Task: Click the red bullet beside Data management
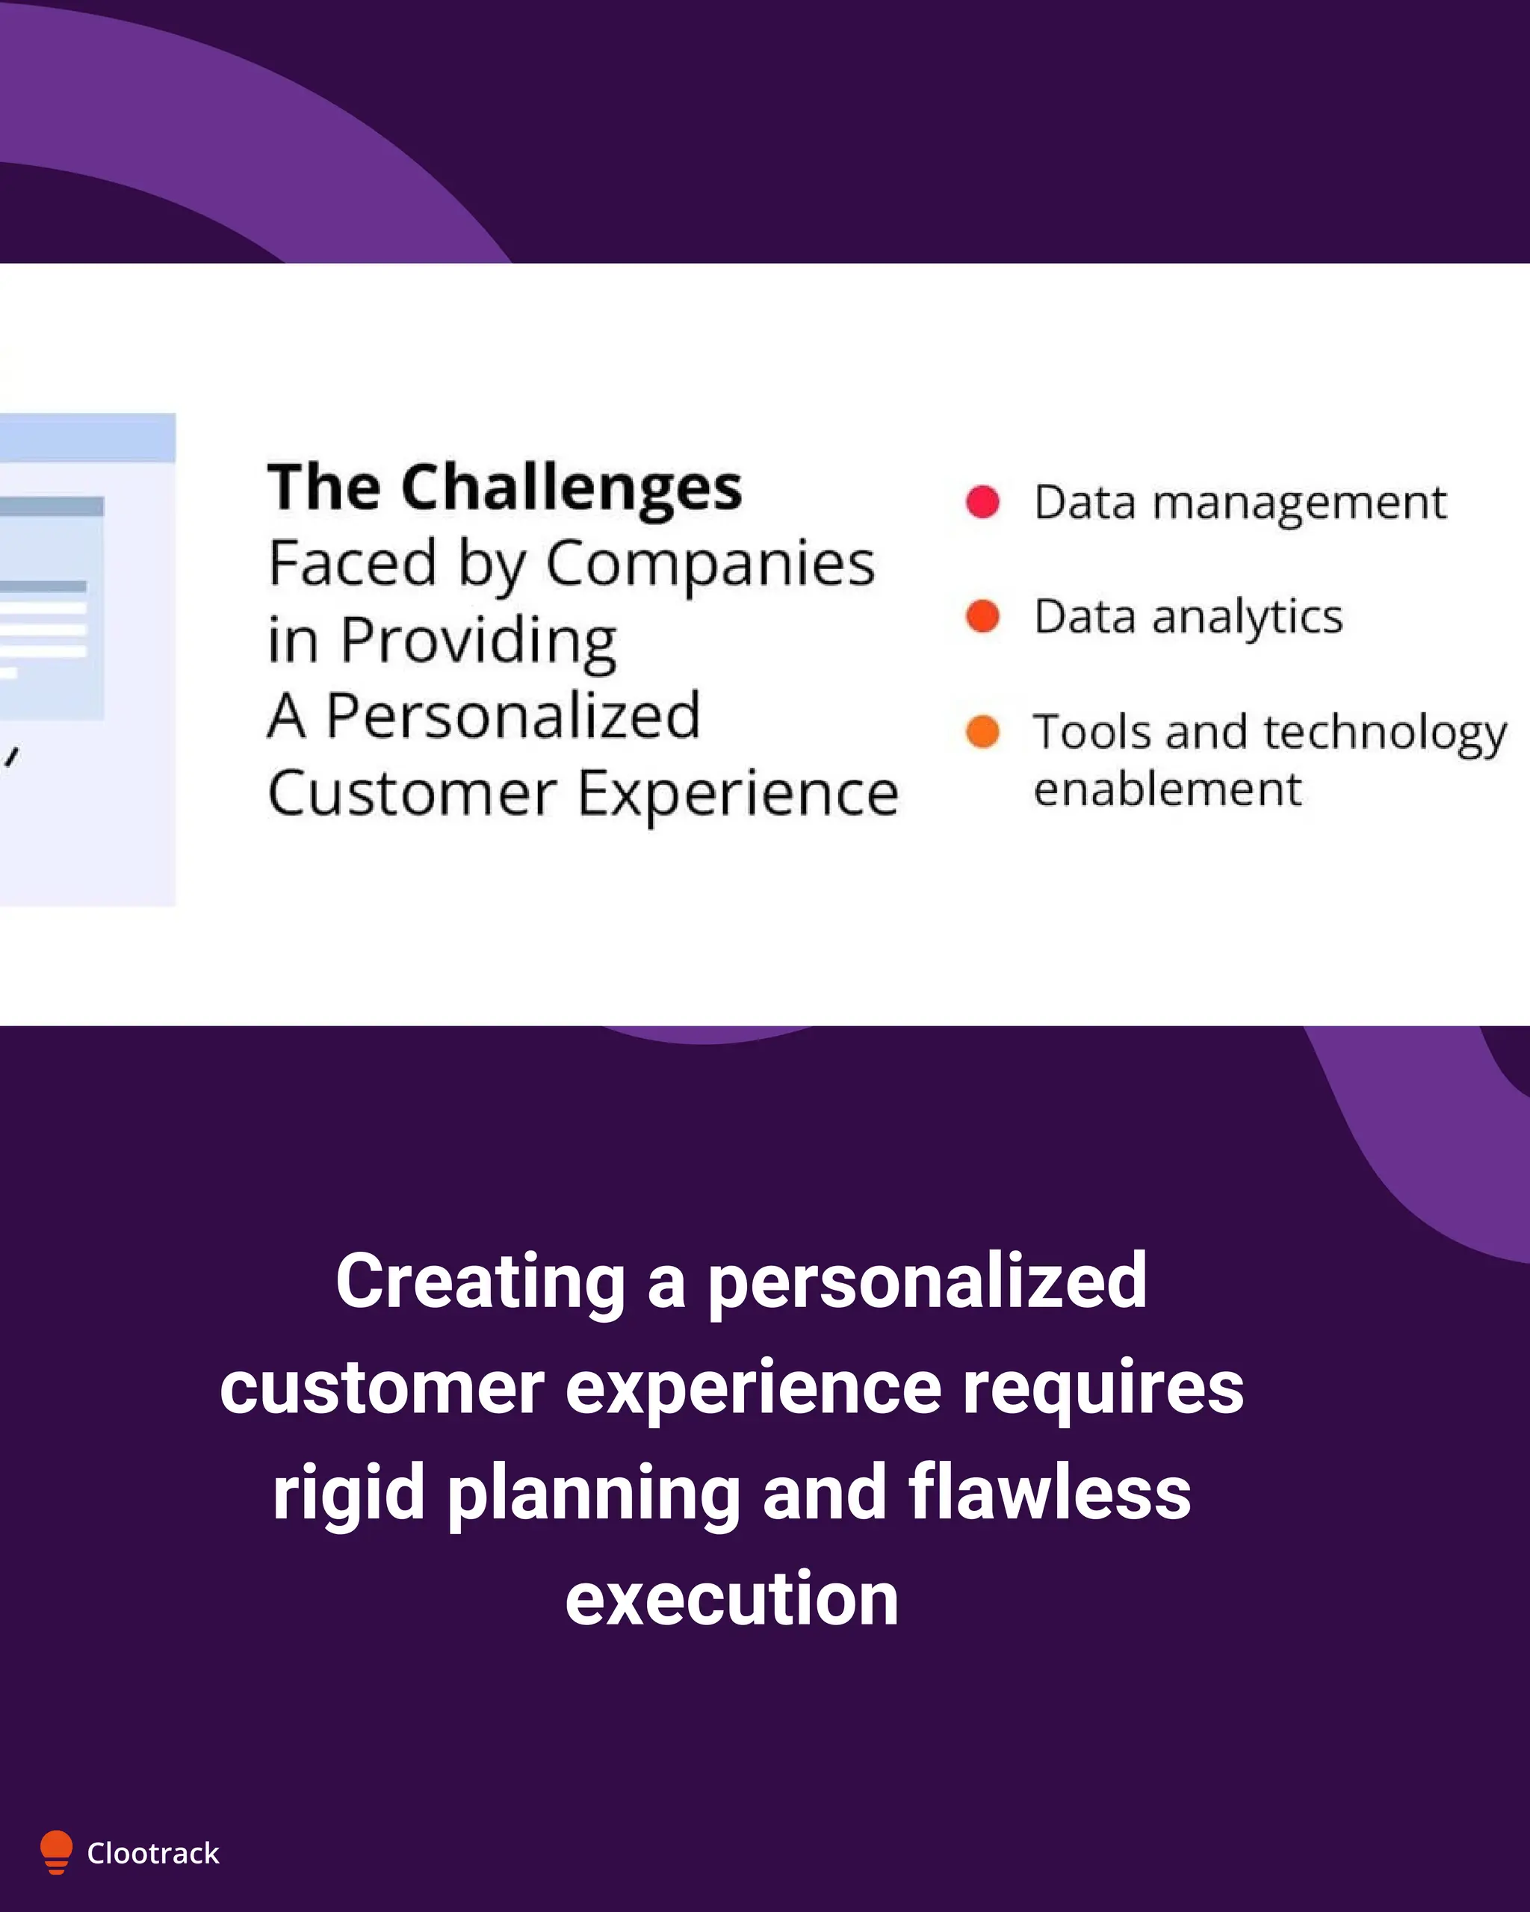982,502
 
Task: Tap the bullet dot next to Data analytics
982,615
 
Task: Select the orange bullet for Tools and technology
982,732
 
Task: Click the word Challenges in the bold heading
572,488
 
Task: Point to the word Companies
710,565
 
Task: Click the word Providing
478,641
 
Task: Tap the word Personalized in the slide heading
512,716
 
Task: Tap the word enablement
1167,789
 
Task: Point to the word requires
1103,1387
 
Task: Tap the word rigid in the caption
347,1494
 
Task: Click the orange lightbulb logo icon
56,1852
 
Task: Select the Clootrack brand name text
152,1854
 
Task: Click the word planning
593,1494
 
